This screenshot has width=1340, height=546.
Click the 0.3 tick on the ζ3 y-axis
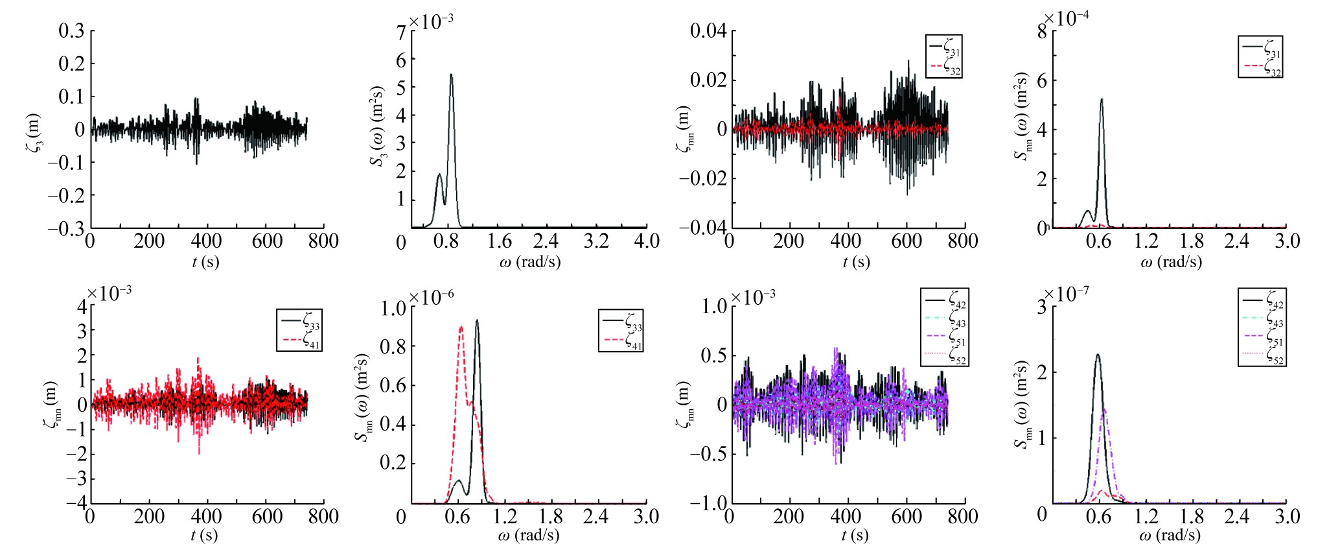click(x=71, y=30)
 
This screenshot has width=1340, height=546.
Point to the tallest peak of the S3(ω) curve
click(x=451, y=75)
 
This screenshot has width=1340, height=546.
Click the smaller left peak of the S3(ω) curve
click(x=439, y=174)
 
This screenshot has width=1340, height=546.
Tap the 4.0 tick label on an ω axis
click(x=647, y=241)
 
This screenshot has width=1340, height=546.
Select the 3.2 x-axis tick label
click(x=596, y=241)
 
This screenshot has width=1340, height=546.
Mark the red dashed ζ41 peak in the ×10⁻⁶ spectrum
click(x=461, y=327)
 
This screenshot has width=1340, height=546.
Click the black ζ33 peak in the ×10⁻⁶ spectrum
click(x=478, y=320)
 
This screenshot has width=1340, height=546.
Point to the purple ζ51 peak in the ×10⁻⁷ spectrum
click(x=1103, y=409)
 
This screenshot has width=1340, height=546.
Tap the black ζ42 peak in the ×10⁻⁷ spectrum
click(x=1098, y=355)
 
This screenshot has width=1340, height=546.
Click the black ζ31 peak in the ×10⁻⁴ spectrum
click(x=1102, y=100)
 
